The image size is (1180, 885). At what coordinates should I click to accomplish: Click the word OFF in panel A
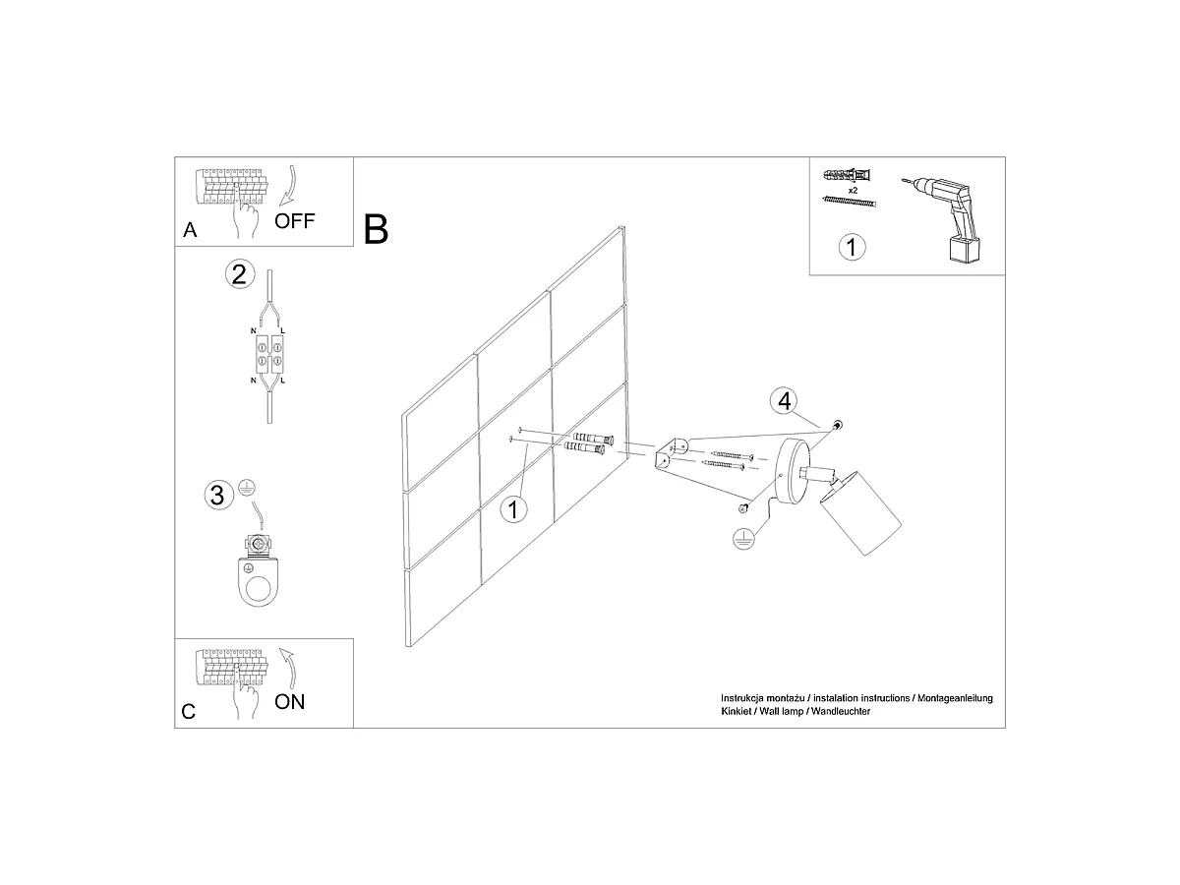pos(294,221)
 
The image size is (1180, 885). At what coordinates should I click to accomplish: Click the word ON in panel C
pos(289,702)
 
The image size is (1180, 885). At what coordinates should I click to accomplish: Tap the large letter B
pos(376,229)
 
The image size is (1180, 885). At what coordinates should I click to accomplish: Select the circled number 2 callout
pos(239,274)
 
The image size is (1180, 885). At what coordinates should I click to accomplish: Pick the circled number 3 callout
pos(219,495)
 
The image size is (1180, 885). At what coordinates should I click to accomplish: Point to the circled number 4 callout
pos(784,401)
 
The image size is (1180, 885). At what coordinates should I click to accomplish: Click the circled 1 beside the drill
pos(852,247)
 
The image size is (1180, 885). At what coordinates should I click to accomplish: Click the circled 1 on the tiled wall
pos(513,509)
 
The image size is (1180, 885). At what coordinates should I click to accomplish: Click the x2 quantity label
pos(853,191)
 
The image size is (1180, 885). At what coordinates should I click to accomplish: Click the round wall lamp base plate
pos(792,471)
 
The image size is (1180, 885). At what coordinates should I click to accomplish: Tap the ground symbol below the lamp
pos(743,539)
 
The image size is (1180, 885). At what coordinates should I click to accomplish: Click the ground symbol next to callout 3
pos(247,488)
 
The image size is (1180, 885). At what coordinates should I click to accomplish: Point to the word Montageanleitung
pos(955,698)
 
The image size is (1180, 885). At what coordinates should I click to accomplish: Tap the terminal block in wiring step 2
pos(268,354)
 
